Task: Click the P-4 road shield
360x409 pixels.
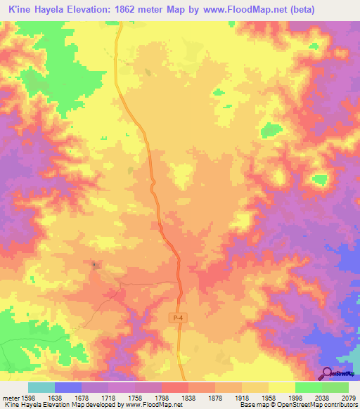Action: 179,318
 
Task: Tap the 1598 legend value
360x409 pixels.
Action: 28,398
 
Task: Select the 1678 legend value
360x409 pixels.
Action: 82,398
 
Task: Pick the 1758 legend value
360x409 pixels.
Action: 136,398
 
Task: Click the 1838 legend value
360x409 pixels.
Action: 189,398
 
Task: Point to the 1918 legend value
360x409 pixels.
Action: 243,398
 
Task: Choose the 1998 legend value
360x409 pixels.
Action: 296,398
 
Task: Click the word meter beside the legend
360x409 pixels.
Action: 10,398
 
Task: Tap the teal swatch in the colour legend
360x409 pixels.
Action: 41,387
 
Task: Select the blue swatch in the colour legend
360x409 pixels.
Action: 68,387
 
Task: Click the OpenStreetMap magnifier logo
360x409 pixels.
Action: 328,372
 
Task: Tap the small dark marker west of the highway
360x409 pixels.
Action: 94,264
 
